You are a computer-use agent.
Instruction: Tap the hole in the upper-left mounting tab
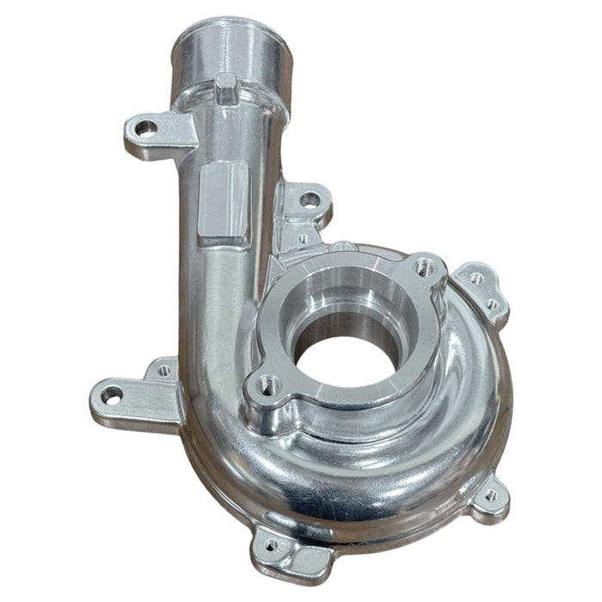point(145,128)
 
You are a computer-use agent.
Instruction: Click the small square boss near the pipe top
point(226,86)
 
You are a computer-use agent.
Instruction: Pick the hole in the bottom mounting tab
point(272,544)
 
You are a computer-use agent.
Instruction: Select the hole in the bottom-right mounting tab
point(491,495)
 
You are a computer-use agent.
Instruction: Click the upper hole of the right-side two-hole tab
point(476,278)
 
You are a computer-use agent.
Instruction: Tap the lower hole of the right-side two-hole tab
point(492,304)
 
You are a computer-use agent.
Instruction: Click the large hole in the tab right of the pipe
point(310,200)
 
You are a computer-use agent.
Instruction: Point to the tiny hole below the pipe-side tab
point(302,238)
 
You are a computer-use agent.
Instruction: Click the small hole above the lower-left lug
point(163,371)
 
